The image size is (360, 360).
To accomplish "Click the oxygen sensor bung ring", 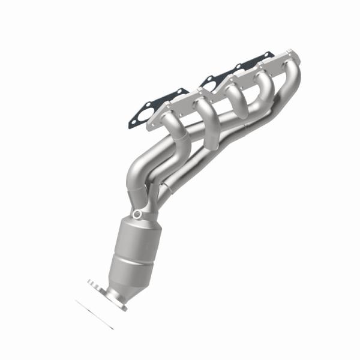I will (139, 214).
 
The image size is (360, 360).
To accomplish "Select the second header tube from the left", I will (204, 114).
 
